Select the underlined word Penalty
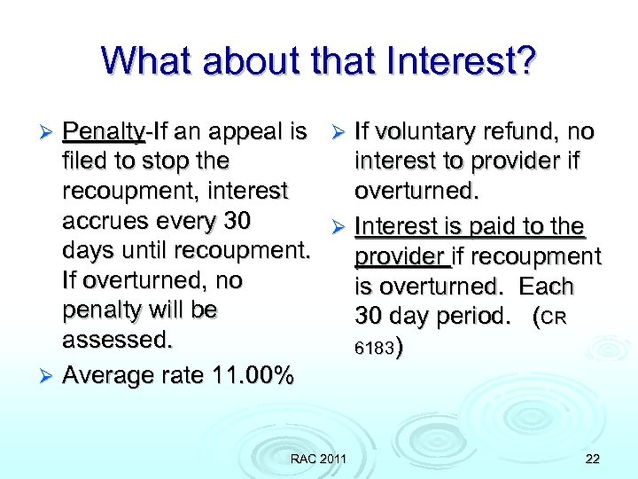103,133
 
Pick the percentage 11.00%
253,375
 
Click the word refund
525,133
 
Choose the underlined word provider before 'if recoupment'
401,257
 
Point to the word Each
547,287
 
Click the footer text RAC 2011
318,458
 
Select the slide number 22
592,458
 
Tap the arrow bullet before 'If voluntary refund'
339,133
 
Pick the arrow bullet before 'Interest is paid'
339,228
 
